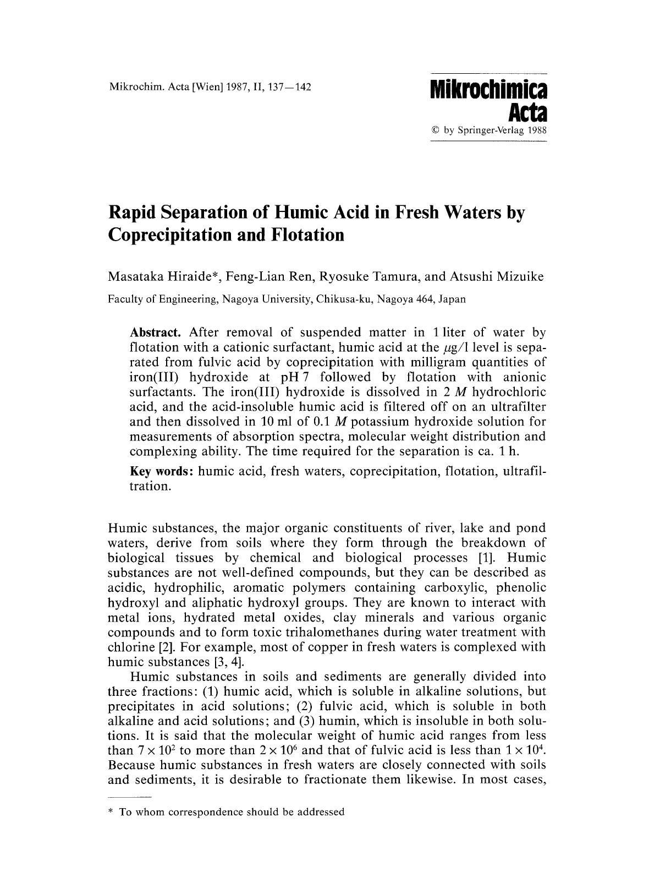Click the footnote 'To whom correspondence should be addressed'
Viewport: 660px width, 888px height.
[232, 812]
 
